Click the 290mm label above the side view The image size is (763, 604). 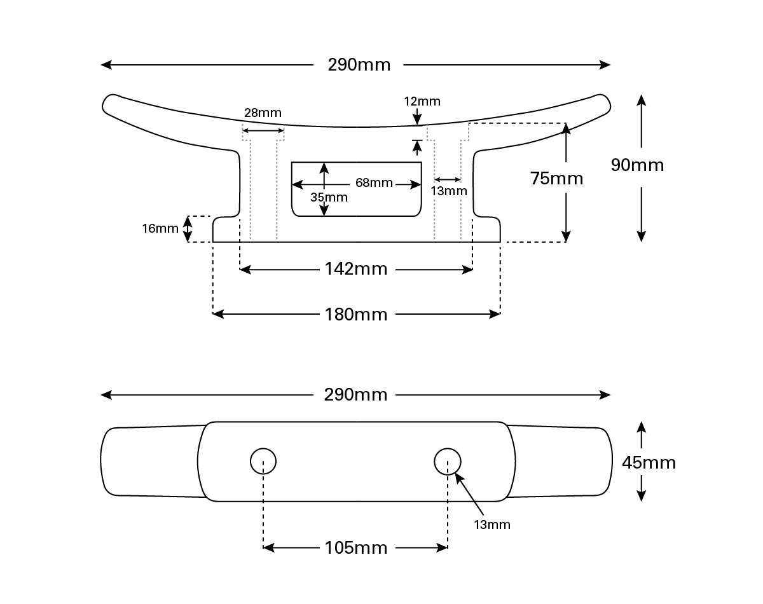pyautogui.click(x=359, y=65)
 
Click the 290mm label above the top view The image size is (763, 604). pyautogui.click(x=355, y=395)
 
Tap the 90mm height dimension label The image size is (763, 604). pyautogui.click(x=637, y=165)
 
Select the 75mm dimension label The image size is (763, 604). pyautogui.click(x=556, y=179)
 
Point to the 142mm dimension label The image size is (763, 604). pyautogui.click(x=356, y=269)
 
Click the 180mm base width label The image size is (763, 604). pyautogui.click(x=356, y=315)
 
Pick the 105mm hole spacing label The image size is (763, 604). pyautogui.click(x=356, y=548)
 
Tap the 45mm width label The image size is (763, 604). pyautogui.click(x=649, y=463)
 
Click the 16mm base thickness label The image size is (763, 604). pyautogui.click(x=160, y=229)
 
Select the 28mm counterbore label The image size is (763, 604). pyautogui.click(x=263, y=113)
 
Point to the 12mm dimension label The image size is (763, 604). pyautogui.click(x=422, y=102)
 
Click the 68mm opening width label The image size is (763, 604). pyautogui.click(x=374, y=182)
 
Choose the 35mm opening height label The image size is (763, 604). pyautogui.click(x=329, y=198)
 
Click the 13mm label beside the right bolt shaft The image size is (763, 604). pyautogui.click(x=449, y=191)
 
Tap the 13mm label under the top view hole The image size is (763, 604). pyautogui.click(x=492, y=525)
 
